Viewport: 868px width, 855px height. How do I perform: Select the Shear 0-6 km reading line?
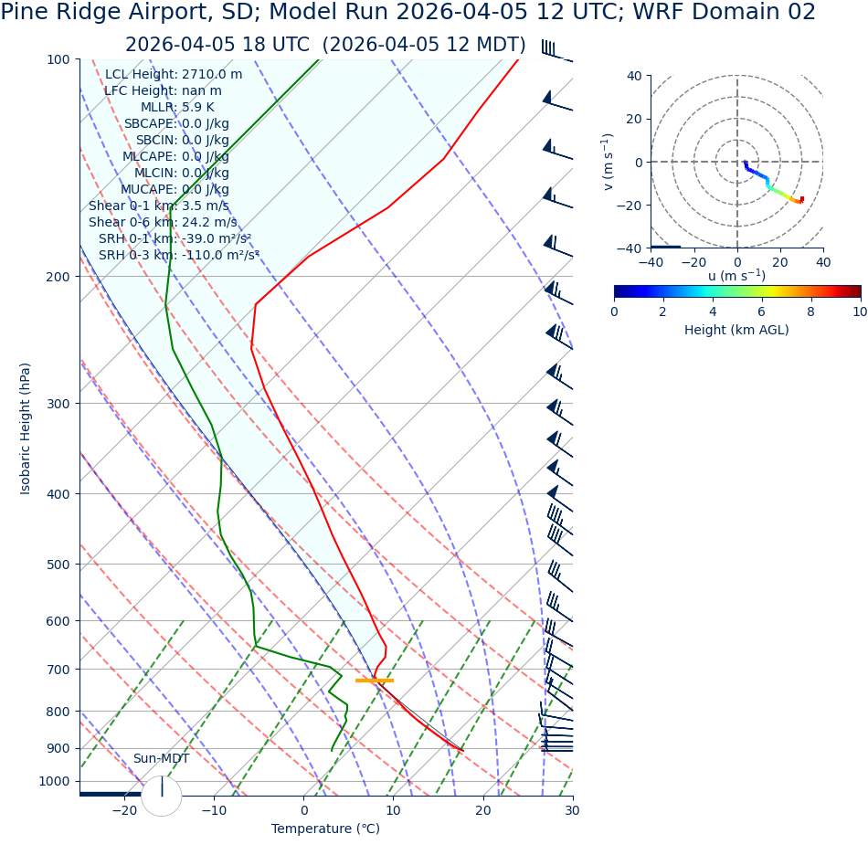pyautogui.click(x=163, y=222)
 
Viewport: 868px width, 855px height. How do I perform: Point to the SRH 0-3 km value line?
pyautogui.click(x=179, y=255)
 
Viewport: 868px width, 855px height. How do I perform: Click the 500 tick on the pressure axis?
pyautogui.click(x=58, y=565)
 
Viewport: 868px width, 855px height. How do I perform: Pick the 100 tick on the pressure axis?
pyautogui.click(x=58, y=59)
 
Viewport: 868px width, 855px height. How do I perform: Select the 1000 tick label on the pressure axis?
pyautogui.click(x=54, y=781)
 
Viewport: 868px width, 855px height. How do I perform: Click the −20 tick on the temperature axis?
pyautogui.click(x=124, y=810)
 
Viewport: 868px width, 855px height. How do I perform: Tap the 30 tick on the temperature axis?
pyautogui.click(x=573, y=810)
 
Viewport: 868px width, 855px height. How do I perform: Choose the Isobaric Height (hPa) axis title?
pyautogui.click(x=26, y=428)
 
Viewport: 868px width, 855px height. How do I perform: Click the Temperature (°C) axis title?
pyautogui.click(x=325, y=829)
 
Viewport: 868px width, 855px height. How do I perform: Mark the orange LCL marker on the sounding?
pyautogui.click(x=375, y=681)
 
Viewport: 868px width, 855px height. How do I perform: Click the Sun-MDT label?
pyautogui.click(x=161, y=759)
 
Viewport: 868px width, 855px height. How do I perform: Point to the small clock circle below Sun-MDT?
pyautogui.click(x=162, y=796)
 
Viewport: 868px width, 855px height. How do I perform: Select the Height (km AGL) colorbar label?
pyautogui.click(x=736, y=330)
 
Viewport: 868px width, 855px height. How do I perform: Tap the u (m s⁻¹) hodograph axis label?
pyautogui.click(x=736, y=276)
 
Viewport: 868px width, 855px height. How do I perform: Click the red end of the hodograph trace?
pyautogui.click(x=801, y=199)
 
